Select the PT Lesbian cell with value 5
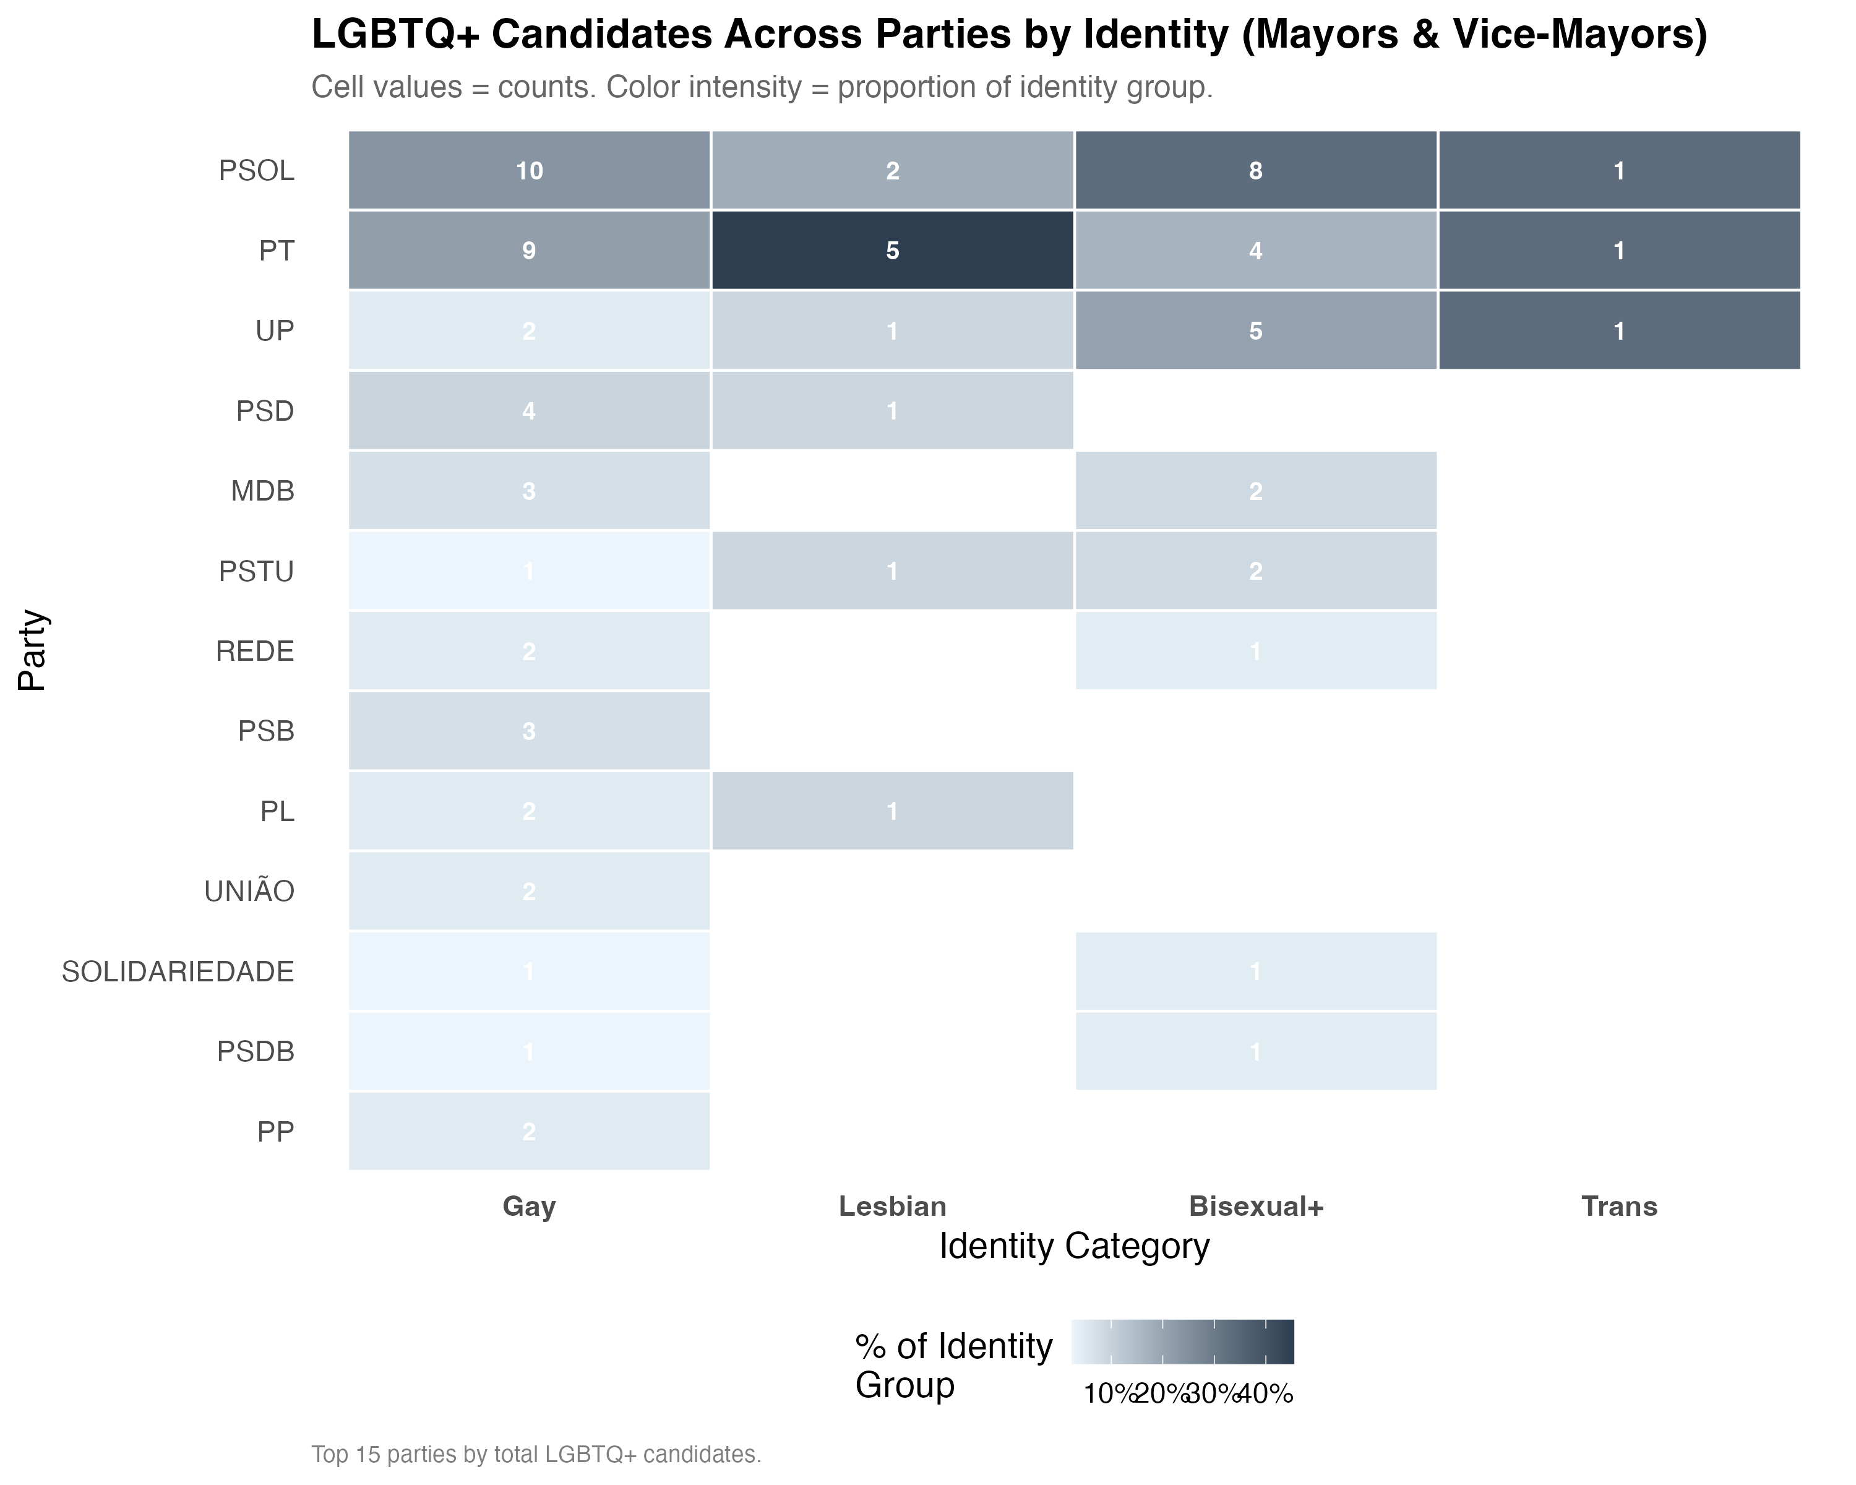point(892,251)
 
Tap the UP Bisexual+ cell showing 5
point(1255,330)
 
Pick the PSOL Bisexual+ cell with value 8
point(1255,170)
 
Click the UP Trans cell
point(1618,330)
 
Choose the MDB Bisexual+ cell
point(1255,491)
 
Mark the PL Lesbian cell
point(892,811)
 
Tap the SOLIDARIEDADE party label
point(178,971)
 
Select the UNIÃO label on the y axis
point(250,891)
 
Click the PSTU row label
point(257,570)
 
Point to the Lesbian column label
point(892,1206)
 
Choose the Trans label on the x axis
point(1618,1206)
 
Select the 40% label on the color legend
point(1265,1394)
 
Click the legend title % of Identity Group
point(953,1366)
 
